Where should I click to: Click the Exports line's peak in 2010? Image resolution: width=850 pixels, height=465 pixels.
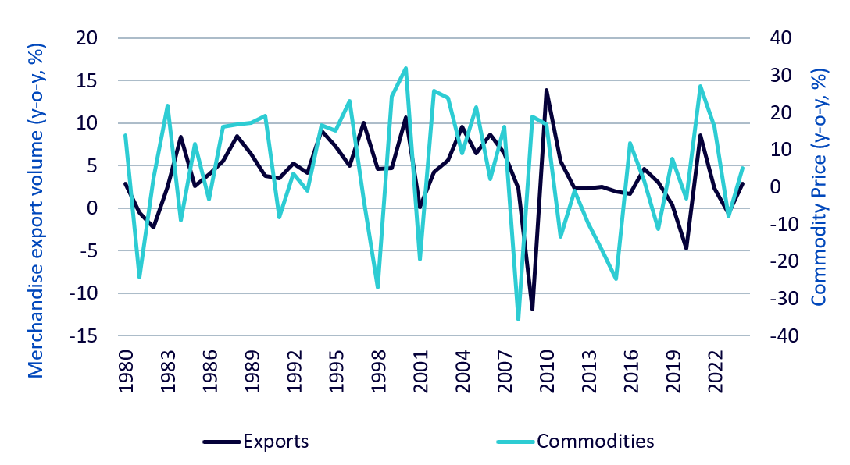(x=546, y=91)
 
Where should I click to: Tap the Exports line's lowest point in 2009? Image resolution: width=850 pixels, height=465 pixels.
(x=532, y=310)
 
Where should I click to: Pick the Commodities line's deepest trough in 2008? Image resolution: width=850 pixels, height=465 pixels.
(x=518, y=319)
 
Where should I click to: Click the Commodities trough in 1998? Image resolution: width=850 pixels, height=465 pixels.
(x=378, y=288)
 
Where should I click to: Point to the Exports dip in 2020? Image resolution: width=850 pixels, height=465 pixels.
(x=687, y=248)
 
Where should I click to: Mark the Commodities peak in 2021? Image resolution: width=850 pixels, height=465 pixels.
(x=700, y=86)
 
